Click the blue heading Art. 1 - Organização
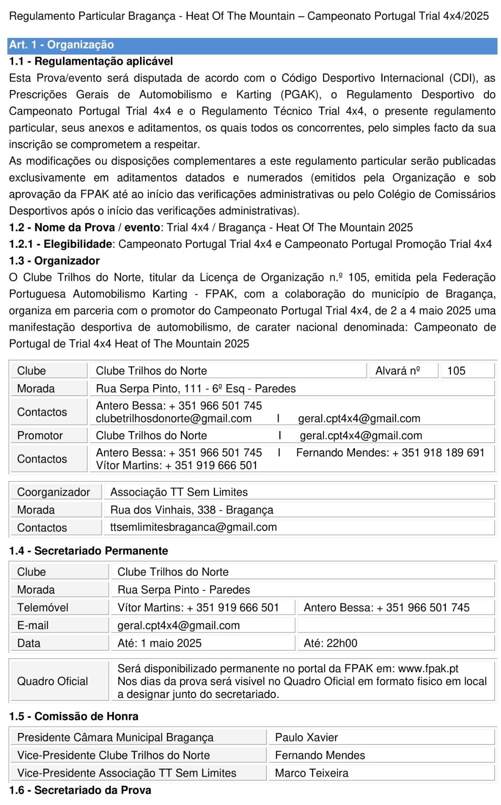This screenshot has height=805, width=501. pyautogui.click(x=62, y=45)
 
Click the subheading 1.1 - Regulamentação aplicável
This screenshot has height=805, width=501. pyautogui.click(x=91, y=61)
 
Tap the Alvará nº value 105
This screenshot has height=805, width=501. pyautogui.click(x=456, y=371)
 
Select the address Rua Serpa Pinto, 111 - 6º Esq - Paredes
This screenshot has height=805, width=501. pyautogui.click(x=196, y=389)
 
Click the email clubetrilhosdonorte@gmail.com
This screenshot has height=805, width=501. pyautogui.click(x=174, y=418)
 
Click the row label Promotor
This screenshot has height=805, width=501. pyautogui.click(x=40, y=436)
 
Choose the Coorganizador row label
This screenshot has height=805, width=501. pyautogui.click(x=54, y=492)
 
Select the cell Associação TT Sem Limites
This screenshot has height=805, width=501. pyautogui.click(x=179, y=492)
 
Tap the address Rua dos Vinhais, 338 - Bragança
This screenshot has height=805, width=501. pyautogui.click(x=192, y=510)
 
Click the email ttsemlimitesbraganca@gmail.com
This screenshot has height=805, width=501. pyautogui.click(x=193, y=527)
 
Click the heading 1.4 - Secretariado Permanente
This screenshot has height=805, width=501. pyautogui.click(x=88, y=551)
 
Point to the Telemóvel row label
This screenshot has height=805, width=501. pyautogui.click(x=43, y=608)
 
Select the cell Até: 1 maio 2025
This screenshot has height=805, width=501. pyautogui.click(x=159, y=643)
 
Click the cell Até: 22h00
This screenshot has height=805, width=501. pyautogui.click(x=330, y=643)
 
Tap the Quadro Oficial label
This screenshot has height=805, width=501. pyautogui.click(x=52, y=681)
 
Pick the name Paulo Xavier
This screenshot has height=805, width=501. pyautogui.click(x=306, y=737)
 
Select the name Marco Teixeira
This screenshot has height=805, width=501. pyautogui.click(x=312, y=773)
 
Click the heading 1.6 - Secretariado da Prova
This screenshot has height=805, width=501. pyautogui.click(x=80, y=790)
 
